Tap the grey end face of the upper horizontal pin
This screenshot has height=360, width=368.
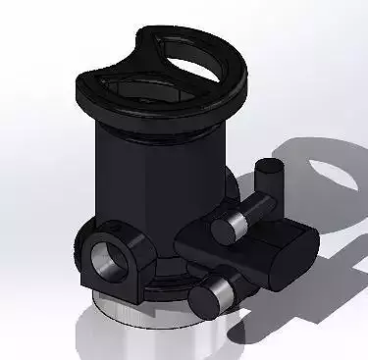point(225,228)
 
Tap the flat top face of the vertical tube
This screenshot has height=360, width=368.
point(271,166)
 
